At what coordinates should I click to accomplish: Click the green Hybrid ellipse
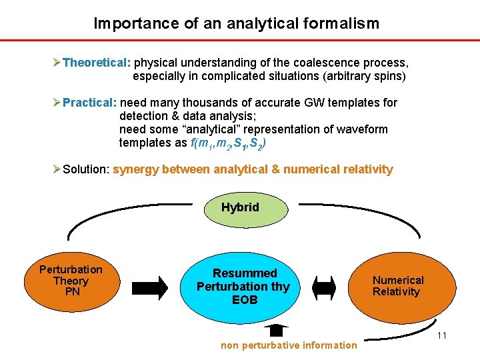pos(240,207)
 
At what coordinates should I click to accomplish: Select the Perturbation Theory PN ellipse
pos(71,281)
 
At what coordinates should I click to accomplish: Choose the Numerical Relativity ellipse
pos(397,286)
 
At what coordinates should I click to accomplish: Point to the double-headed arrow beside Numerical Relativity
pos(325,287)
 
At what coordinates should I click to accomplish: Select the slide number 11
pos(441,335)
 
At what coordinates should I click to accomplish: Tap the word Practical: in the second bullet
pos(90,103)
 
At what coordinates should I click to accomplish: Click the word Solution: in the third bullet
pos(86,169)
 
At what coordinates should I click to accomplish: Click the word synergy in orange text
pos(136,169)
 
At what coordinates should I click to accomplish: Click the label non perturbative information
pos(289,345)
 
